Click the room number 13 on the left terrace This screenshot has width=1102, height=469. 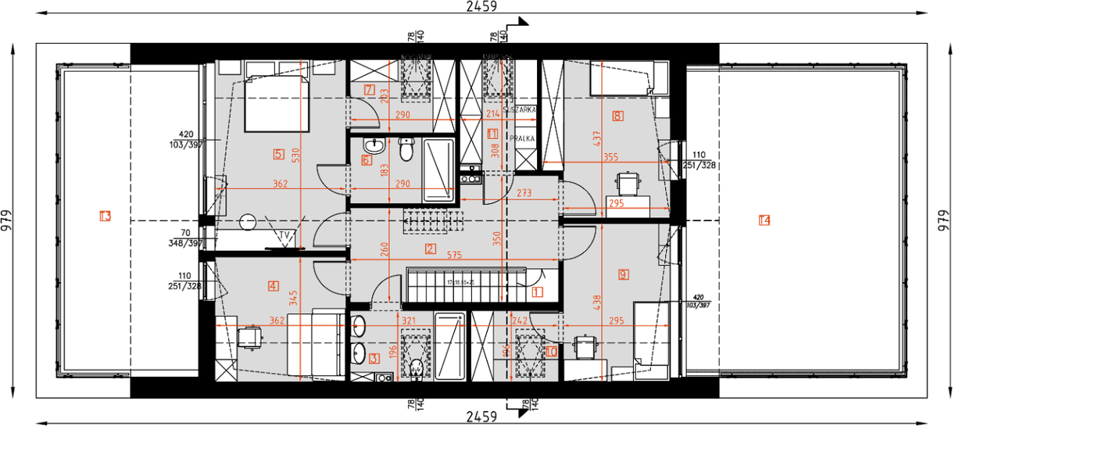pyautogui.click(x=105, y=216)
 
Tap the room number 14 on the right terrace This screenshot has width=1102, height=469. pyautogui.click(x=764, y=220)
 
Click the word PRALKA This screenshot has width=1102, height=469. pyautogui.click(x=522, y=138)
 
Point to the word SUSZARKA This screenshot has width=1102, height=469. pyautogui.click(x=521, y=111)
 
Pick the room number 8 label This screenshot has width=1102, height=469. pyautogui.click(x=618, y=116)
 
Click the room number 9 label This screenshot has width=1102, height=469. pyautogui.click(x=623, y=274)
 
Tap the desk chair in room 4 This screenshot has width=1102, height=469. pyautogui.click(x=249, y=337)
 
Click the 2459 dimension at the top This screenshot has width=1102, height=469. pyautogui.click(x=481, y=6)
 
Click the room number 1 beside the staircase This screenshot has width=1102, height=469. pyautogui.click(x=537, y=292)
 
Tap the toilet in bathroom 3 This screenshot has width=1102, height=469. pyautogui.click(x=417, y=367)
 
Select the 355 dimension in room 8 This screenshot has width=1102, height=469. pyautogui.click(x=610, y=157)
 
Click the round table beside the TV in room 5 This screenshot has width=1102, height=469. pyautogui.click(x=249, y=223)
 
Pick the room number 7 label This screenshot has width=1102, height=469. pyautogui.click(x=369, y=89)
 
